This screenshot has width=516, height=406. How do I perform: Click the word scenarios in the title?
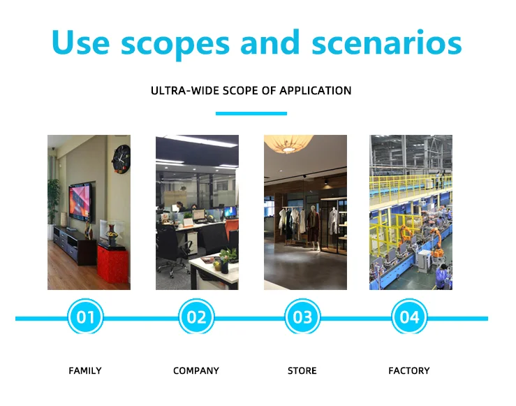point(387,43)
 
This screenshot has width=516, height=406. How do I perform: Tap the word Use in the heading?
point(80,43)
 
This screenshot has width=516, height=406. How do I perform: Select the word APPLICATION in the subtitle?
point(316,91)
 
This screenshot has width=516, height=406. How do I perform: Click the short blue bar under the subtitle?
point(251,114)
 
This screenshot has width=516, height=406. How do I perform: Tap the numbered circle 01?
point(85,317)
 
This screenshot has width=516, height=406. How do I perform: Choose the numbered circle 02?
point(196,317)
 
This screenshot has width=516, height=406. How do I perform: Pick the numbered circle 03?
point(302,317)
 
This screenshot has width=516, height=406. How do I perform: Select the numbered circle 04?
point(409,317)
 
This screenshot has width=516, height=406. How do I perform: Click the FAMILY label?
point(85,371)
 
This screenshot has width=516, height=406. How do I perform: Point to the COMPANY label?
point(196,371)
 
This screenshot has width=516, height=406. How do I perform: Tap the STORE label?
point(302,371)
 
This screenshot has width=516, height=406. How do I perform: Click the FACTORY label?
point(409,371)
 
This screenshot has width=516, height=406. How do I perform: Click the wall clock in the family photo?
point(121,159)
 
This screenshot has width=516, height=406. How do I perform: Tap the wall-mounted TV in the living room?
point(80,201)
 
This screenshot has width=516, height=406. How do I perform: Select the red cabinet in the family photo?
point(113,263)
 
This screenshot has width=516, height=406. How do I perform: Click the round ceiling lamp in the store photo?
point(289,143)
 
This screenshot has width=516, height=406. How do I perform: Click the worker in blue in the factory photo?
point(442,276)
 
